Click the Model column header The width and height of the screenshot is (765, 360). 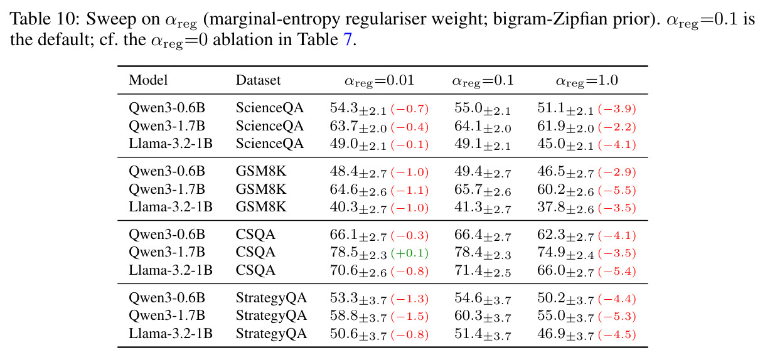pyautogui.click(x=148, y=80)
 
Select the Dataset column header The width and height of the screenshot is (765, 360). pyautogui.click(x=258, y=80)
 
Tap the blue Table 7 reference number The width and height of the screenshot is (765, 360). pyautogui.click(x=347, y=40)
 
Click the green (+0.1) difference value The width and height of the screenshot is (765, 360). pyautogui.click(x=409, y=253)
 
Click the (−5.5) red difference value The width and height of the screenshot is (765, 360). pyautogui.click(x=617, y=190)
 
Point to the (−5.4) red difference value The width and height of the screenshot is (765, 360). pyautogui.click(x=617, y=271)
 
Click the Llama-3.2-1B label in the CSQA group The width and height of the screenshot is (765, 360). pyautogui.click(x=171, y=270)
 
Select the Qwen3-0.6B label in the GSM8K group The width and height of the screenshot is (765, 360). pyautogui.click(x=167, y=171)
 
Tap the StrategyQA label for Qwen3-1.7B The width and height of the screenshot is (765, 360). pyautogui.click(x=271, y=315)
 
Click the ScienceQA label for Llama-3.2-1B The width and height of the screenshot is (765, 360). pyautogui.click(x=269, y=144)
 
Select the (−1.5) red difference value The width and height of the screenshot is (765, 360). pyautogui.click(x=409, y=316)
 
